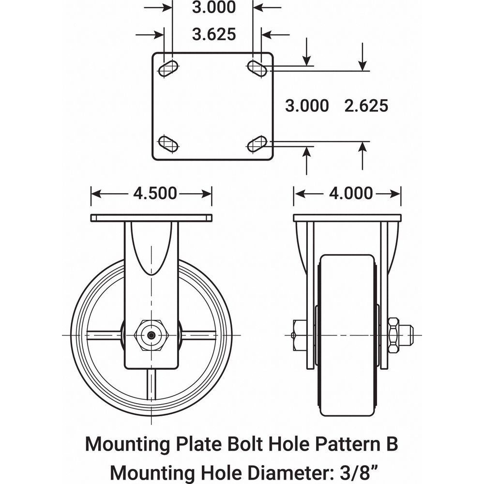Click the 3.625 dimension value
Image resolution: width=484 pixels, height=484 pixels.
click(x=214, y=34)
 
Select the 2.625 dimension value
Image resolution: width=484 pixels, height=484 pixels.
click(x=366, y=106)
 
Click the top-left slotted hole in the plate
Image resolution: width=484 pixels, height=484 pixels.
click(x=168, y=68)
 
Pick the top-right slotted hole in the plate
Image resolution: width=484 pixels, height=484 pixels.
click(x=257, y=68)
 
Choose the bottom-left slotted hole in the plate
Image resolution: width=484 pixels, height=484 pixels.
click(x=168, y=143)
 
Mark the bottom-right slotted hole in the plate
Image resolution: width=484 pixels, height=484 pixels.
click(x=257, y=143)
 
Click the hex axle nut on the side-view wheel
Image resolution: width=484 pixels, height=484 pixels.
click(x=152, y=335)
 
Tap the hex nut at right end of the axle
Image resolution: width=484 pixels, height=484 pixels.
click(x=393, y=335)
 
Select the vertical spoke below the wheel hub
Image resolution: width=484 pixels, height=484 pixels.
click(x=152, y=385)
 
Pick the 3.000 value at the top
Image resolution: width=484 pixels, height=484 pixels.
click(x=214, y=7)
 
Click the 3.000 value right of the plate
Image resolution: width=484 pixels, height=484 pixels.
click(x=307, y=106)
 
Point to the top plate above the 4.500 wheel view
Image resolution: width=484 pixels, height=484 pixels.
click(x=151, y=218)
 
